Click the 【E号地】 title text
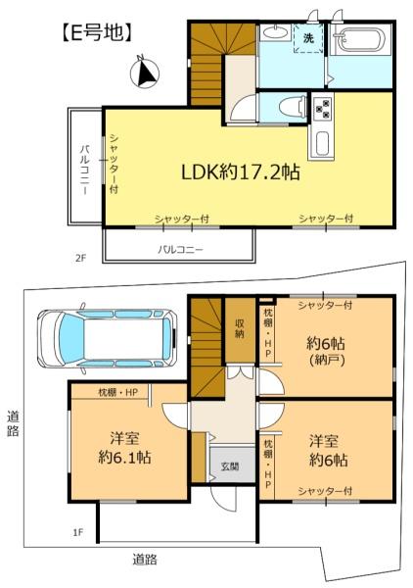click(97, 32)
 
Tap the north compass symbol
click(145, 72)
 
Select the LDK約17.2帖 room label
click(241, 172)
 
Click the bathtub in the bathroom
click(360, 40)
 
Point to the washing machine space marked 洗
click(307, 38)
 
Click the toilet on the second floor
click(293, 107)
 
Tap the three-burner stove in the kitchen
click(323, 107)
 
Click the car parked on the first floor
click(107, 338)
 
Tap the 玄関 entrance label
click(230, 466)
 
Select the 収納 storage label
click(240, 328)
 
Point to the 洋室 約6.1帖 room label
click(124, 448)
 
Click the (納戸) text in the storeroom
click(327, 360)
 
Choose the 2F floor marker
click(80, 258)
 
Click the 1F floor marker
click(77, 532)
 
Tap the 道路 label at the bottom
click(145, 560)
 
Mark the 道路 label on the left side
click(13, 423)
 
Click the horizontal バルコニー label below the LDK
click(180, 249)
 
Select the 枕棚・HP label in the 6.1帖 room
click(118, 392)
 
